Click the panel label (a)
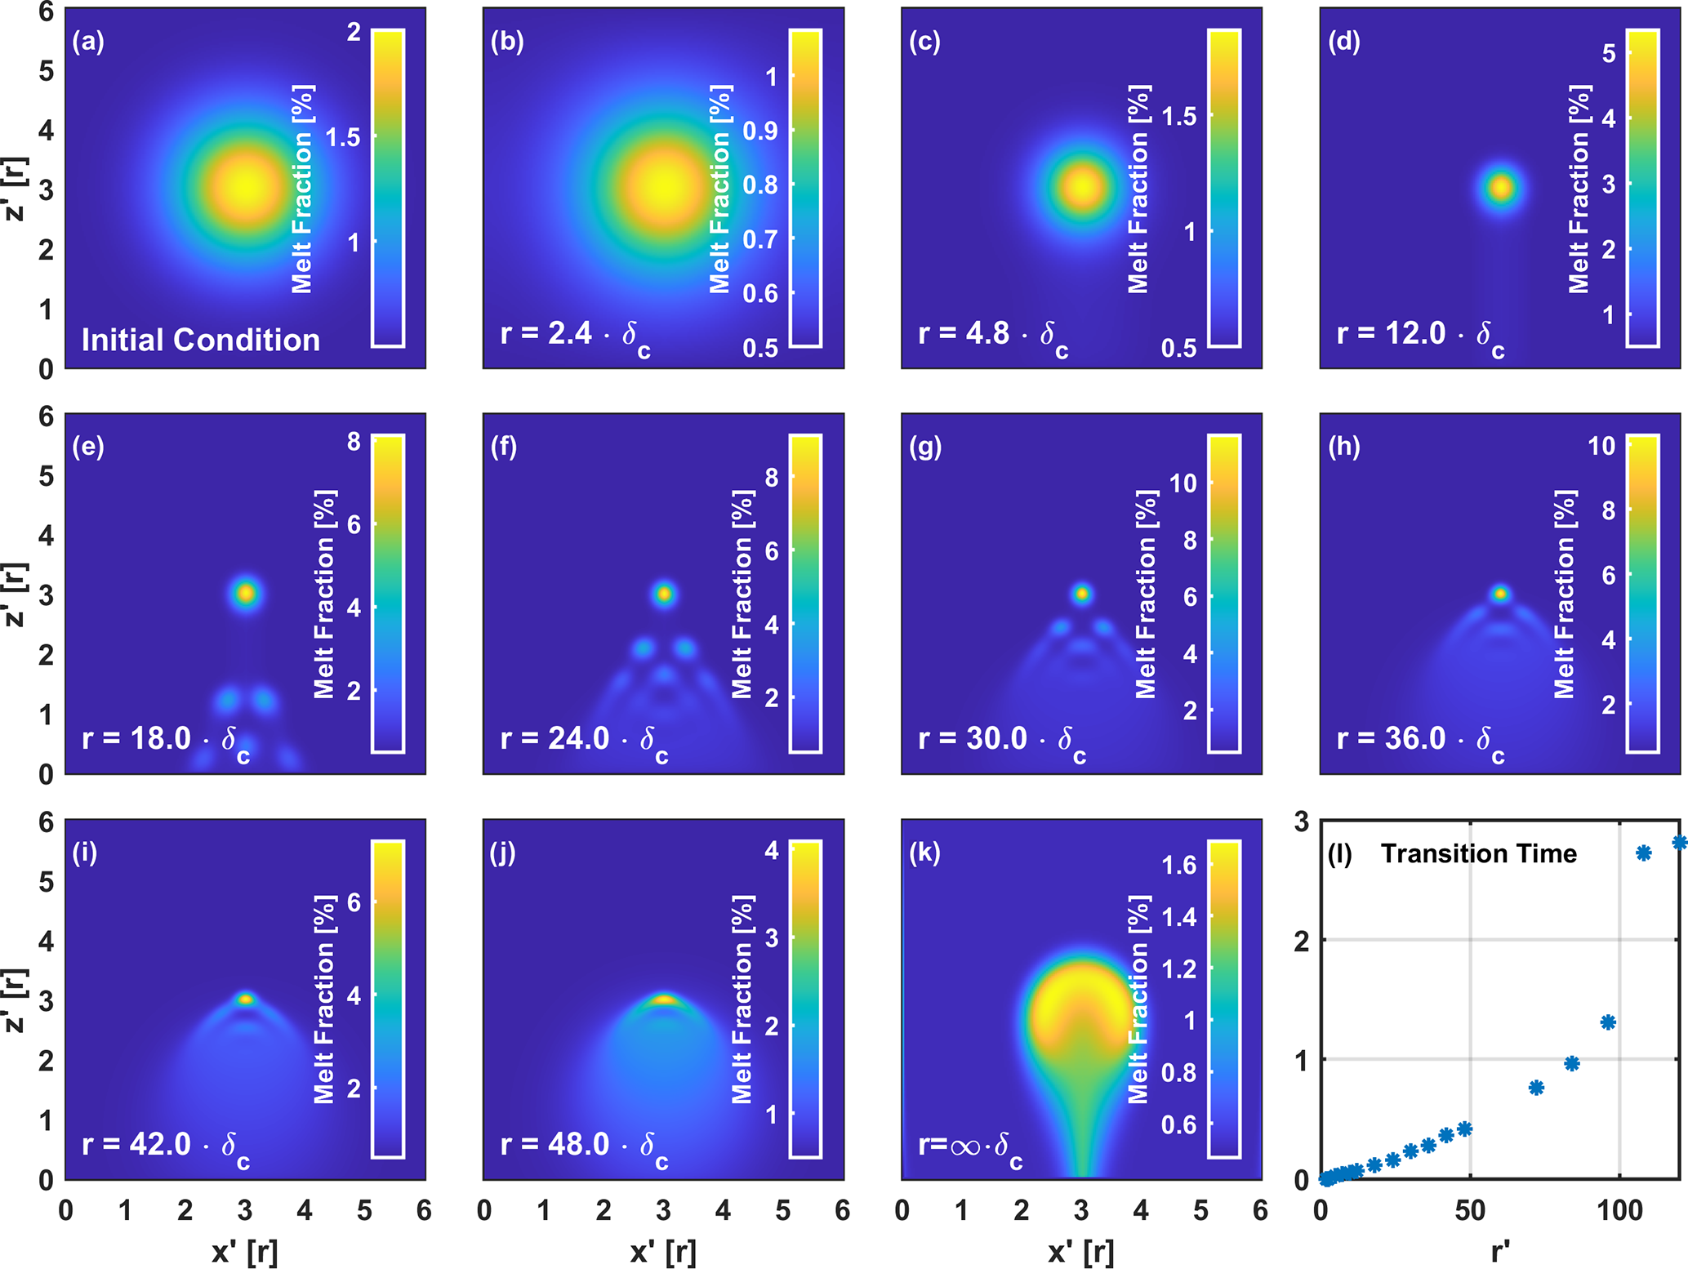(x=88, y=42)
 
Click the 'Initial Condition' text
(x=200, y=340)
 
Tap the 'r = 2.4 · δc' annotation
(x=575, y=336)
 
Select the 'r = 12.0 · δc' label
(x=1420, y=336)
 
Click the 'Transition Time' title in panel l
(x=1478, y=853)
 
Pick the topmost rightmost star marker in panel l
(x=1680, y=843)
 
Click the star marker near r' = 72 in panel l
(x=1536, y=1088)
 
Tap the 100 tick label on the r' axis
(x=1619, y=1210)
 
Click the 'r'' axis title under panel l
(x=1500, y=1251)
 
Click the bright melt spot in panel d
(x=1501, y=188)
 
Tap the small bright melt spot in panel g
(x=1082, y=594)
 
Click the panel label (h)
(x=1343, y=447)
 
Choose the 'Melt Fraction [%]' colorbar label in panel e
(x=324, y=594)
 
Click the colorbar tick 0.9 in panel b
(x=759, y=131)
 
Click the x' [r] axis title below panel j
(x=663, y=1251)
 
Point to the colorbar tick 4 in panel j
(x=771, y=850)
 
